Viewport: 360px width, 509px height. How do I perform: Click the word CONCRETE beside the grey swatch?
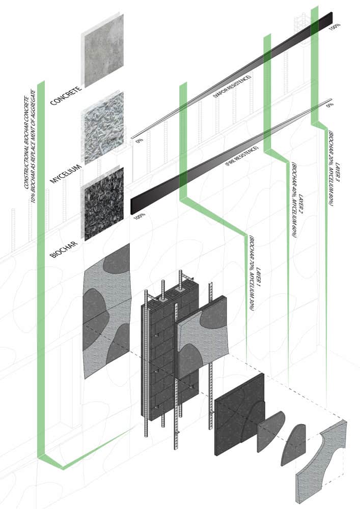65,96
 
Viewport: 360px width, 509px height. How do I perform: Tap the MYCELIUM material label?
65,174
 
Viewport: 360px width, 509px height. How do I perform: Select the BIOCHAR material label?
64,249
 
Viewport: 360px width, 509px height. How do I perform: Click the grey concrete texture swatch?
104,50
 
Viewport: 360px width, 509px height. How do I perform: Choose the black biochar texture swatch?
104,204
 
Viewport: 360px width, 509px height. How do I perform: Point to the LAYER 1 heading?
259,279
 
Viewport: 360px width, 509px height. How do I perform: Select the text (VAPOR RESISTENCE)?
232,87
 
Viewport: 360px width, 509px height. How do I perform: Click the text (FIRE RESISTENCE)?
242,156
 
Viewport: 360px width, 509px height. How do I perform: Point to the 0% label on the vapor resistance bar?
140,141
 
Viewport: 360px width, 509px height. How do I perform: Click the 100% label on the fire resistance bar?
139,216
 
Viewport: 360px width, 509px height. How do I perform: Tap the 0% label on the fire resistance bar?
330,105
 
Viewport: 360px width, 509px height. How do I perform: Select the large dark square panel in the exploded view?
239,414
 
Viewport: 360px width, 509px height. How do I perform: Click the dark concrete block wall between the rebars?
171,351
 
